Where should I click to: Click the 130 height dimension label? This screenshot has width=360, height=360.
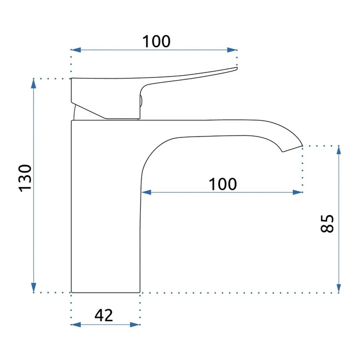[x=25, y=178]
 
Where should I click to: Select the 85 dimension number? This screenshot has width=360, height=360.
[x=327, y=224]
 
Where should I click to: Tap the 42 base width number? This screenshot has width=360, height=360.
[x=104, y=315]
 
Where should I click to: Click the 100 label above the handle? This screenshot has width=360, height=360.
[x=156, y=41]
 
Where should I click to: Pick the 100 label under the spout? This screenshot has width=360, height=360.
[x=223, y=184]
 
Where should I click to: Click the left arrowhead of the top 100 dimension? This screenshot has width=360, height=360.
[x=76, y=50]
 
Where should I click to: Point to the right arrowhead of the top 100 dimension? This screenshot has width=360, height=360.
[x=232, y=50]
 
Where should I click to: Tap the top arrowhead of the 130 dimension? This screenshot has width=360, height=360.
[x=34, y=84]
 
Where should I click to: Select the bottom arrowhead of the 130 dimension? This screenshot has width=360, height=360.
[x=34, y=288]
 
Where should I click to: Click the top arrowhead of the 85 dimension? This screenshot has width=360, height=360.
[x=339, y=150]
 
